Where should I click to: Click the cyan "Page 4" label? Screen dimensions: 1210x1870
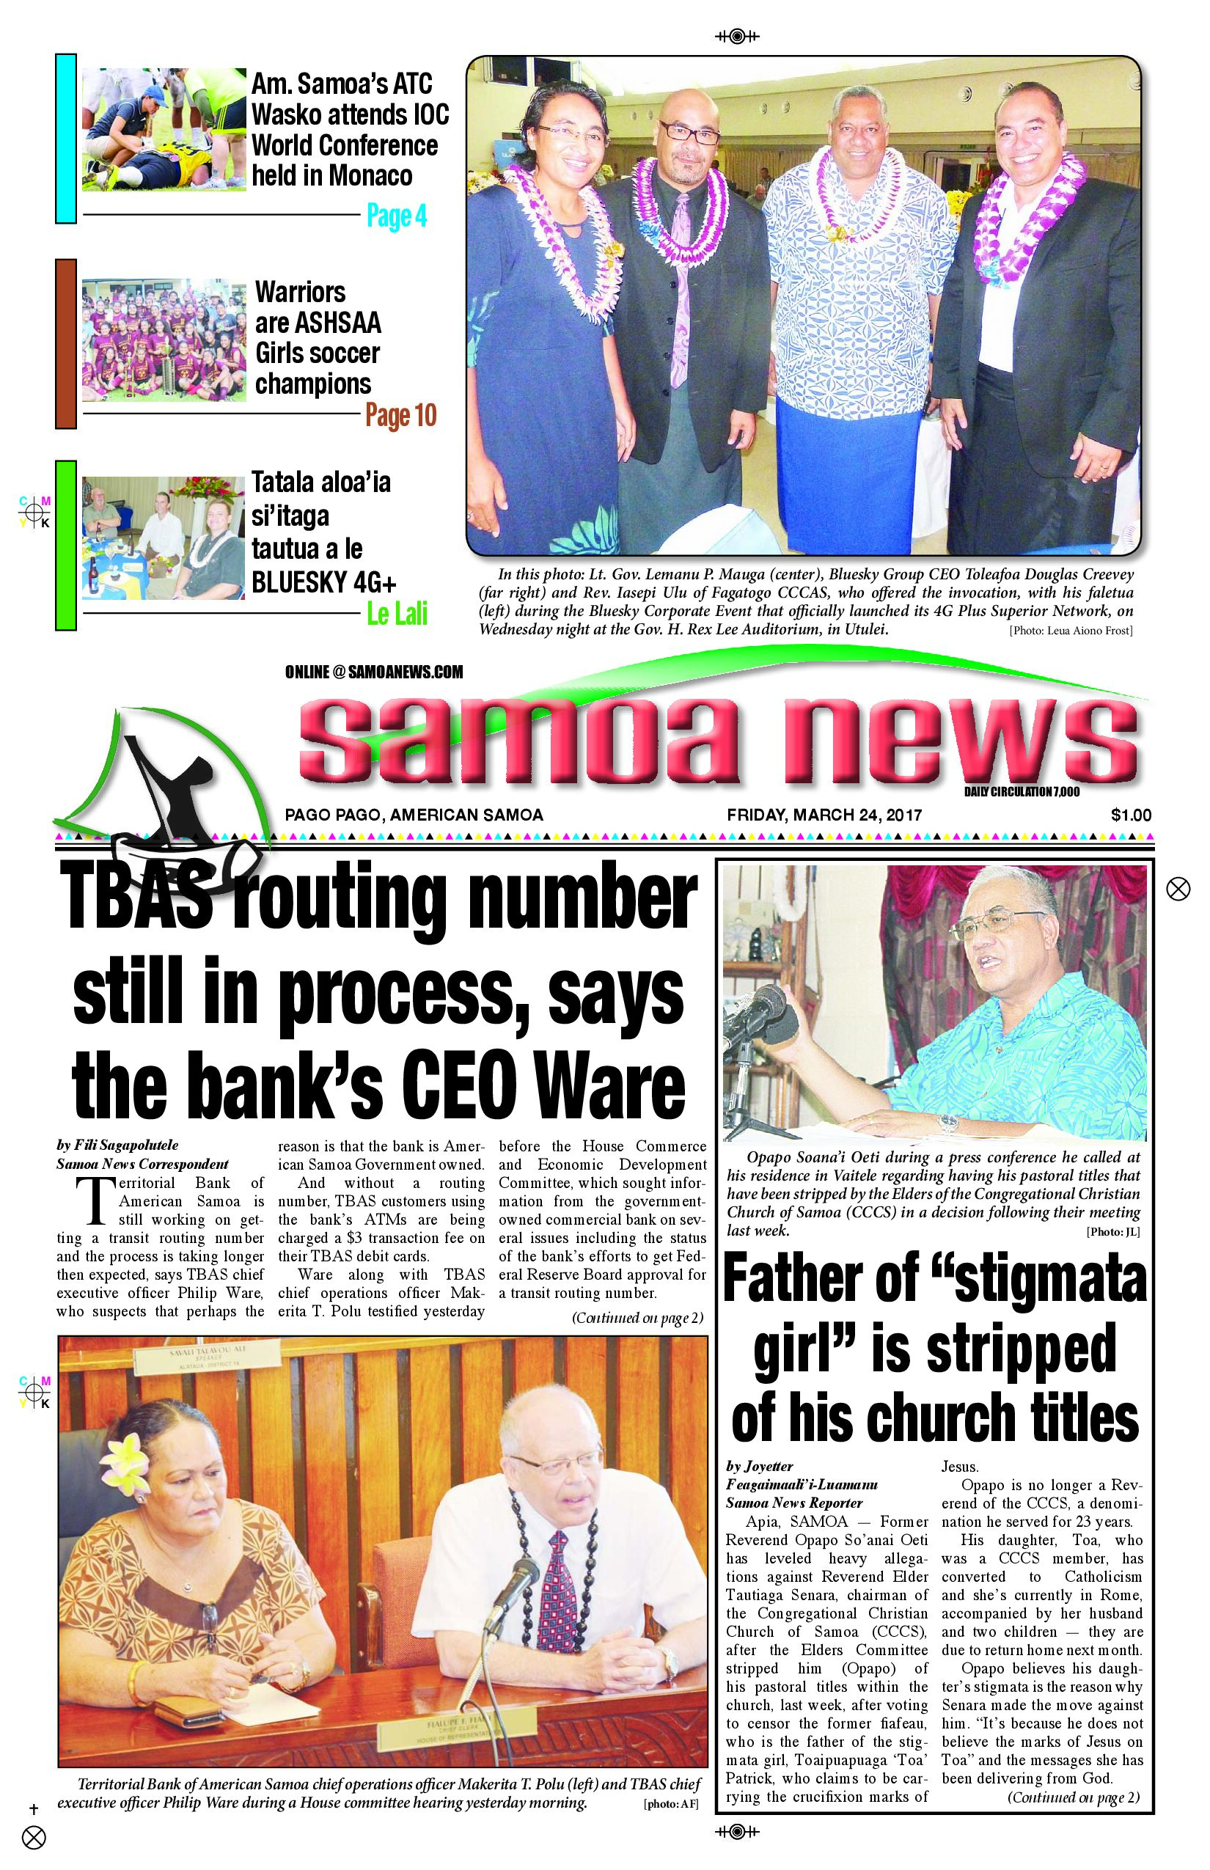click(397, 216)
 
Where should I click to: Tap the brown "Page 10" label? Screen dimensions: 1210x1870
click(400, 415)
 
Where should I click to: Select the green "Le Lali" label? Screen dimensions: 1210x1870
click(397, 614)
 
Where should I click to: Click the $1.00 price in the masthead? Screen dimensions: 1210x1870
click(1131, 815)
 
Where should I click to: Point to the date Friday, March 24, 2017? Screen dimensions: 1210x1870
click(824, 815)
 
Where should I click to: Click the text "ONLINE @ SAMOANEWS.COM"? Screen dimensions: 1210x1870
click(374, 672)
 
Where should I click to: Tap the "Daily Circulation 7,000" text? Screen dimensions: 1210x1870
click(1022, 791)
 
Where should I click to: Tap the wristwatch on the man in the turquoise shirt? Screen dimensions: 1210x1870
click(949, 1122)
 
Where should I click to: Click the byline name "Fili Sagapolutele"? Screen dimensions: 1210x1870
click(117, 1145)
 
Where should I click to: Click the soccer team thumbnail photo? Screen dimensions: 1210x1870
click(164, 340)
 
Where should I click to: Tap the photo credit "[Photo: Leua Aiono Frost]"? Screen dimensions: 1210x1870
click(1070, 630)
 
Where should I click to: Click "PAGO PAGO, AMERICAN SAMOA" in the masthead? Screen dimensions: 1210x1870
click(414, 815)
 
